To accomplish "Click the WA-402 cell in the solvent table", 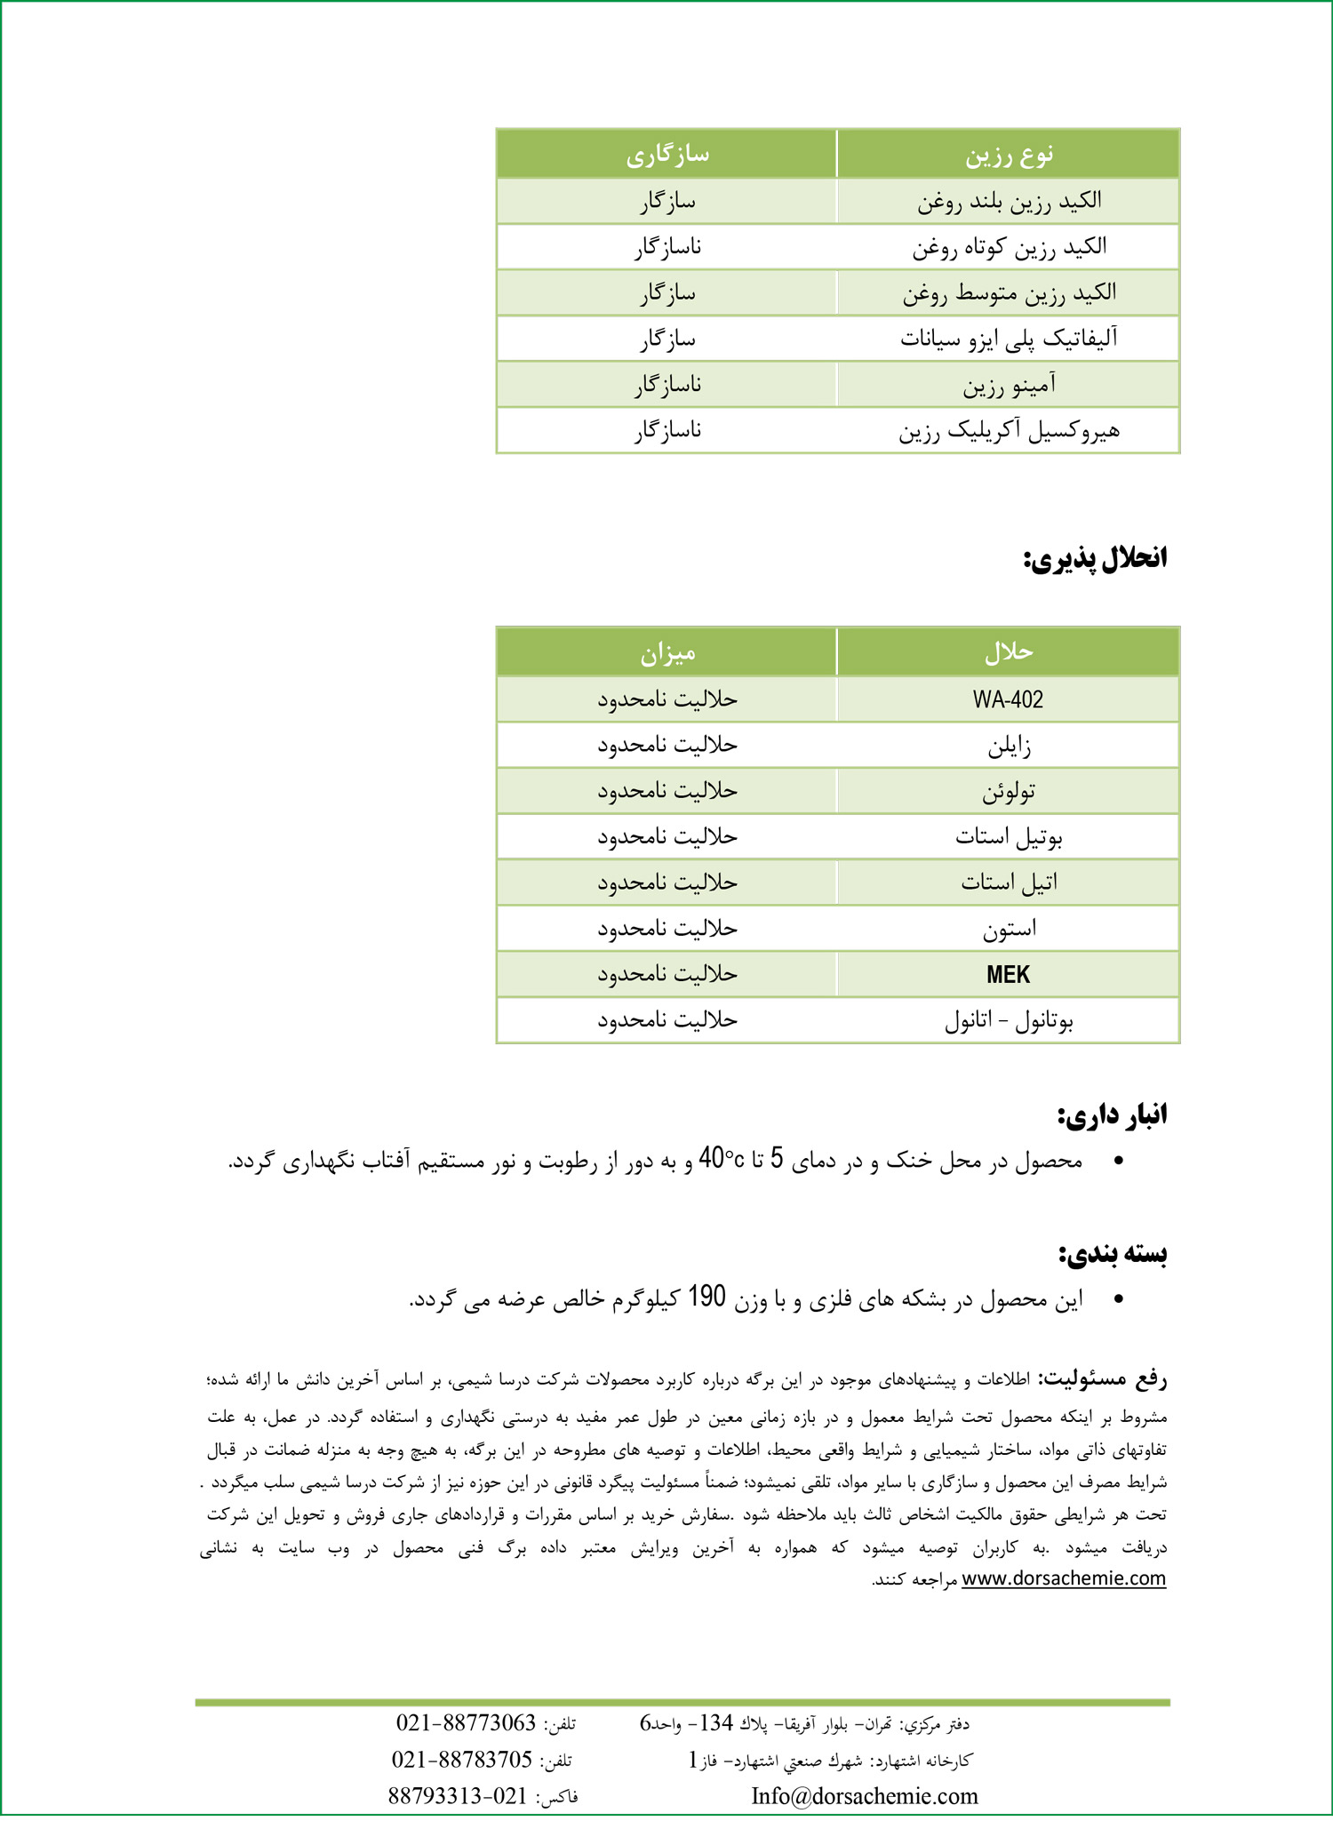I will click(1008, 699).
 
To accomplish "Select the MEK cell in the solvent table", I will click(1008, 975).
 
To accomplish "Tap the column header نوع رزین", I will click(1009, 155).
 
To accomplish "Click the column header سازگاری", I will click(666, 155).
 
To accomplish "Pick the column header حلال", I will click(1009, 652).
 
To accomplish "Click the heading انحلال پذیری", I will click(1096, 559).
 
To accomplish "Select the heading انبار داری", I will click(1112, 1114).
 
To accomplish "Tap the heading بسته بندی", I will click(1113, 1253).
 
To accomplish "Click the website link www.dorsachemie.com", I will click(1064, 1577).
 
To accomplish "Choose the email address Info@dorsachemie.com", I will click(865, 1796).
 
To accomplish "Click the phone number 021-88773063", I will click(466, 1723).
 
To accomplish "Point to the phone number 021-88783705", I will click(462, 1760).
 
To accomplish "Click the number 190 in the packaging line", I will click(707, 1298).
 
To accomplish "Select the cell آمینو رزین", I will click(1009, 385).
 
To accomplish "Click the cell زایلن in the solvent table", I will click(1009, 746).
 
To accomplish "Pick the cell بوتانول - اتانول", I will click(1009, 1021).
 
